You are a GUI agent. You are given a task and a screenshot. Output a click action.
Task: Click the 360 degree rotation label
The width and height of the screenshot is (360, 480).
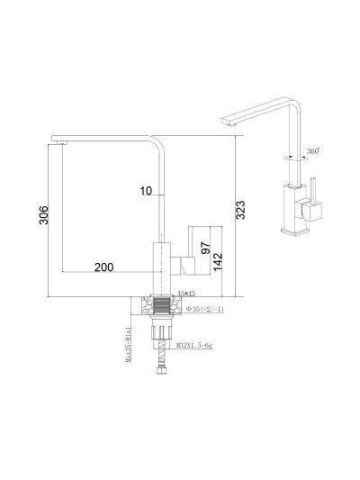coord(312,151)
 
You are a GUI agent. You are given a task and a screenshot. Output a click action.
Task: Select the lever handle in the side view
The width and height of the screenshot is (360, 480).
coord(190,266)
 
